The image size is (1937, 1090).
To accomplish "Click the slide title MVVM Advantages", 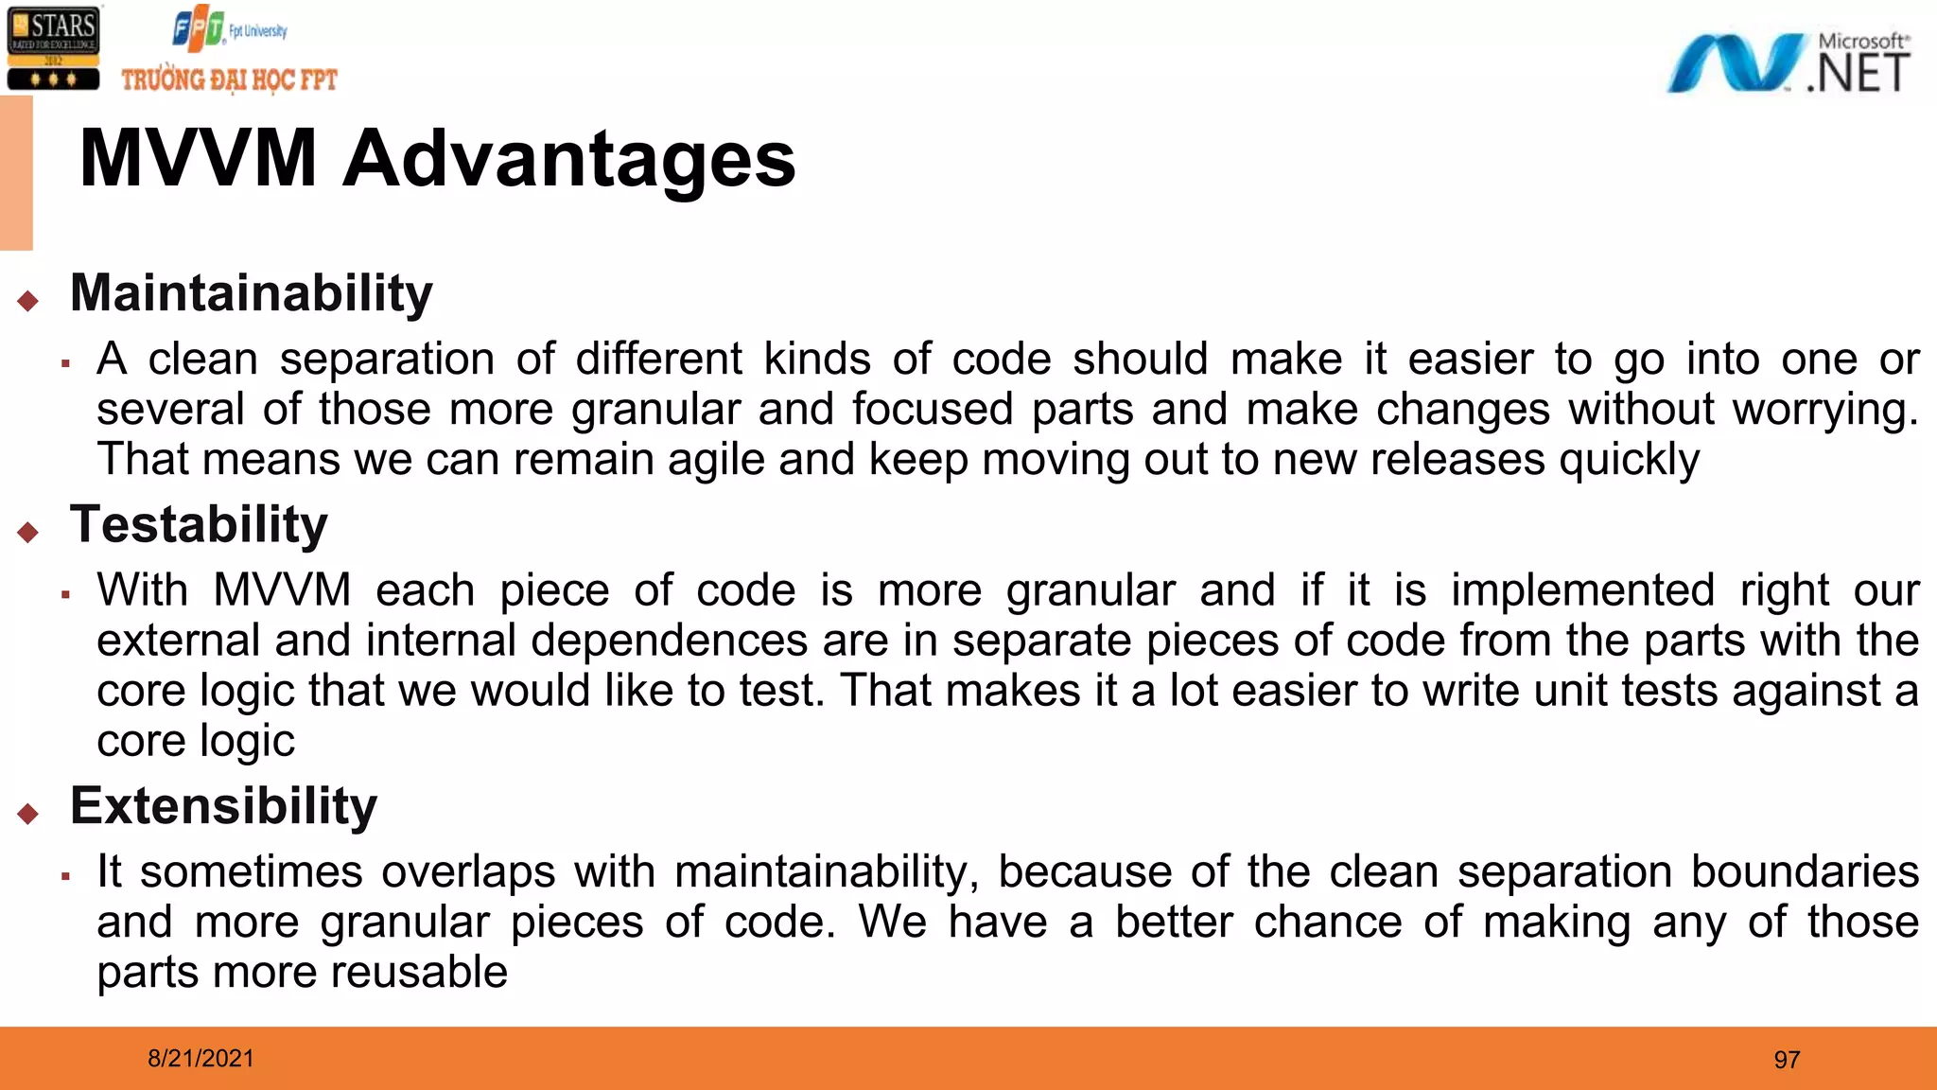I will coord(437,159).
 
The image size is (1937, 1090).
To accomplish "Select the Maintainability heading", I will coord(251,293).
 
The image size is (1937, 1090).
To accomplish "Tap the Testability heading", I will coord(199,525).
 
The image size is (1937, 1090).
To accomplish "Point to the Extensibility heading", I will coord(223,806).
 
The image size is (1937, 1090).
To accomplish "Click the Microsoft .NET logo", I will coord(1788,63).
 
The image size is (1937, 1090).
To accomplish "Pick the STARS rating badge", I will coord(53,49).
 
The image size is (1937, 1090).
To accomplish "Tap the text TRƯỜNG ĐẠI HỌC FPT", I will coord(229,79).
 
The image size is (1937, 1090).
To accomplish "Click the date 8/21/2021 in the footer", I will coord(201,1059).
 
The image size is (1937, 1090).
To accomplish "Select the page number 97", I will coord(1787,1060).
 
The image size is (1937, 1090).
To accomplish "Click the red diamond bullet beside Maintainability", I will coord(28,301).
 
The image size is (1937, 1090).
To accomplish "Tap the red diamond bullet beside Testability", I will coord(28,532).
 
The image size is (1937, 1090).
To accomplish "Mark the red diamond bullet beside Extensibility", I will coord(28,813).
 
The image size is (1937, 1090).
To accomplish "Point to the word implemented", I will coord(1582,591).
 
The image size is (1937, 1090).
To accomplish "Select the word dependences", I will coord(669,642).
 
